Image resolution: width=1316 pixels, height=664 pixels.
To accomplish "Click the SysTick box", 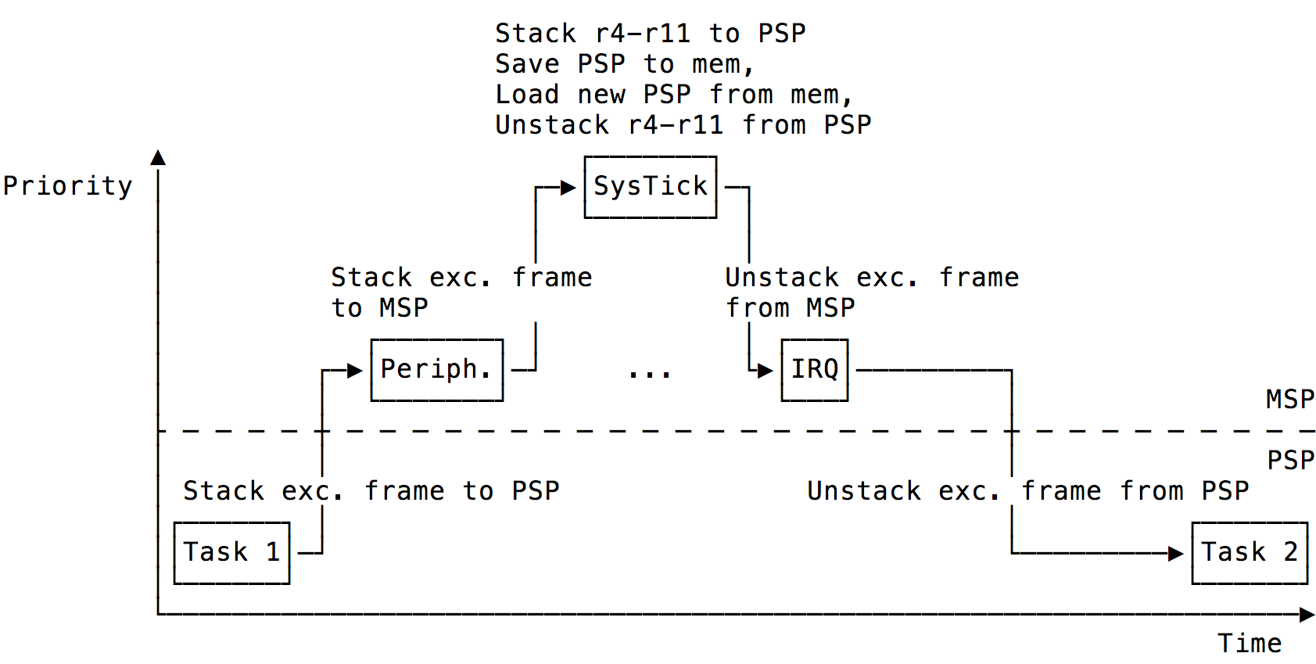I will [x=650, y=187].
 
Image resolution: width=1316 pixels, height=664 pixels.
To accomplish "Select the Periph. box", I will [x=436, y=370].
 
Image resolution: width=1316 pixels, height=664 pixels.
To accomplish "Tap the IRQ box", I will [x=814, y=370].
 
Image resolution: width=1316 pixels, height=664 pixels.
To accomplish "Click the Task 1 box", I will [x=231, y=553].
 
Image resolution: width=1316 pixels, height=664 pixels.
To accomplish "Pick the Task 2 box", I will [x=1249, y=553].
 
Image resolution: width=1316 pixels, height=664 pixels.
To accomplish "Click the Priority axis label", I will [x=67, y=186].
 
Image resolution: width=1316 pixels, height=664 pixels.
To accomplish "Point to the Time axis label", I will [x=1249, y=644].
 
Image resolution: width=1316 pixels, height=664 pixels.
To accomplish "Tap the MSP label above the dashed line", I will [x=1289, y=400].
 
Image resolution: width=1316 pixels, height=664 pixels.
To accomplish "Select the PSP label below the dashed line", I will [x=1290, y=460].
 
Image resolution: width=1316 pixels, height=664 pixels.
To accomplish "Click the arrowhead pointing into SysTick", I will [x=568, y=188].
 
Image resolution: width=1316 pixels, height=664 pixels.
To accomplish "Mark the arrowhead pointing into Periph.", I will [x=355, y=371].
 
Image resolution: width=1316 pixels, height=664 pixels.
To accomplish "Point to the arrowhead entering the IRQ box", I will [x=766, y=371].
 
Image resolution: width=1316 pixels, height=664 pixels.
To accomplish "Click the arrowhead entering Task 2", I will [x=1176, y=554].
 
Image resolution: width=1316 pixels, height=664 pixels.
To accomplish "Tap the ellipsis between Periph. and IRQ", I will [x=650, y=375].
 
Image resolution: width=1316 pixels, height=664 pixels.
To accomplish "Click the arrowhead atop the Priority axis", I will [x=158, y=158].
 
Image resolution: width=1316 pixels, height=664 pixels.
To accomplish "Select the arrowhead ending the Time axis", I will [x=1307, y=615].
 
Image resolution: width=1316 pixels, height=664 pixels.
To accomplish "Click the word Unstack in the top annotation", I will [x=551, y=125].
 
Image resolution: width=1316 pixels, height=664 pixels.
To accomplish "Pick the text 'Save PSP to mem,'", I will [x=624, y=64].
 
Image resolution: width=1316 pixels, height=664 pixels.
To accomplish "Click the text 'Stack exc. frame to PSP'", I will [x=371, y=491].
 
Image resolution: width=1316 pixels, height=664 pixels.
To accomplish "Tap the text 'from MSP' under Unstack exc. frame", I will [x=790, y=308].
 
